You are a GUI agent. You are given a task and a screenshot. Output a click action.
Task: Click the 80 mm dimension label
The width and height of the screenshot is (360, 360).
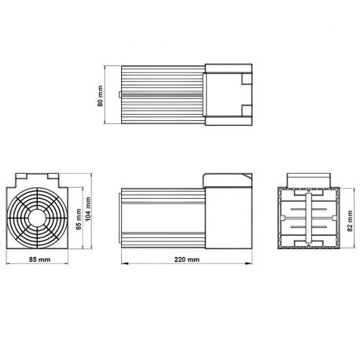[x=101, y=94]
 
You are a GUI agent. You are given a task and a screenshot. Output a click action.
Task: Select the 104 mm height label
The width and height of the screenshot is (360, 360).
[x=89, y=208]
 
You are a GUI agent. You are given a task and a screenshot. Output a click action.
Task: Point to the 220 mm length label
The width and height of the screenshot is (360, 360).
[x=187, y=259]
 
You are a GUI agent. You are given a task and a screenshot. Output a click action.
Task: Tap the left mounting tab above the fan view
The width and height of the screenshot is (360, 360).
[x=24, y=178]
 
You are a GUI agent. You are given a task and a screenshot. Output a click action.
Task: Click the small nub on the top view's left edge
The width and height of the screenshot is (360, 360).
[x=119, y=94]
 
